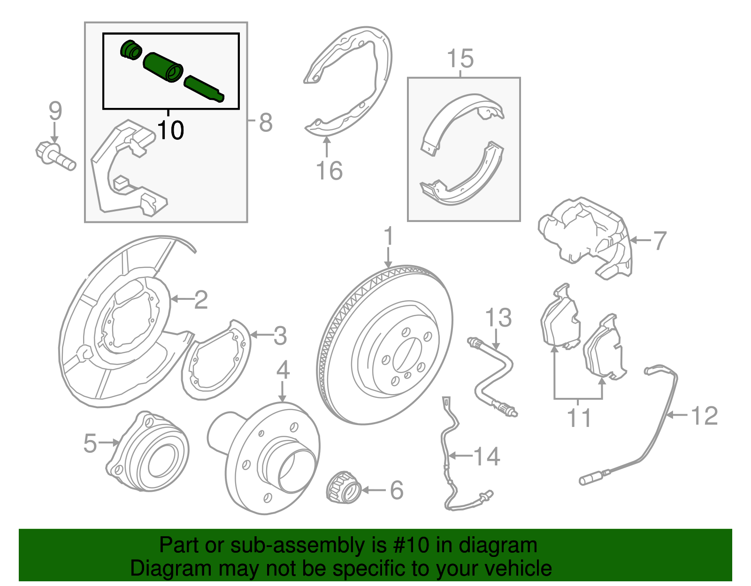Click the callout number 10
coord(170,130)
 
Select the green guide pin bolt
coord(204,88)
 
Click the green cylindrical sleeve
coord(162,68)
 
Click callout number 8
coord(265,122)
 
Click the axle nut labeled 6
coord(344,487)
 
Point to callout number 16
coord(329,170)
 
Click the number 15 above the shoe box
coord(460,59)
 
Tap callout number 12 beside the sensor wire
coord(705,416)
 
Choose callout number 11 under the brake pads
coord(579,417)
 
